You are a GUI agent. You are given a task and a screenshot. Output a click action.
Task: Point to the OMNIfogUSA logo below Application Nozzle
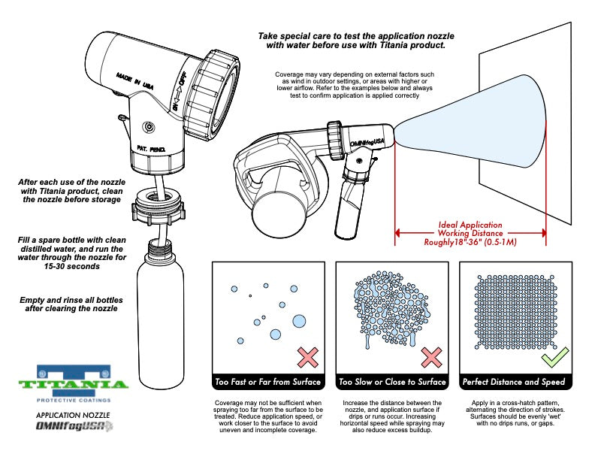pyautogui.click(x=74, y=427)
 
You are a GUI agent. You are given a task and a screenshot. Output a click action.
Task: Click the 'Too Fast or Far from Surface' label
pyautogui.click(x=268, y=382)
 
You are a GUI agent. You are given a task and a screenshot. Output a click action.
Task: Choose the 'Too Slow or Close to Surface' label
pyautogui.click(x=392, y=382)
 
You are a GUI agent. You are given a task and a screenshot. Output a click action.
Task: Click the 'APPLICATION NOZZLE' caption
pyautogui.click(x=74, y=414)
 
